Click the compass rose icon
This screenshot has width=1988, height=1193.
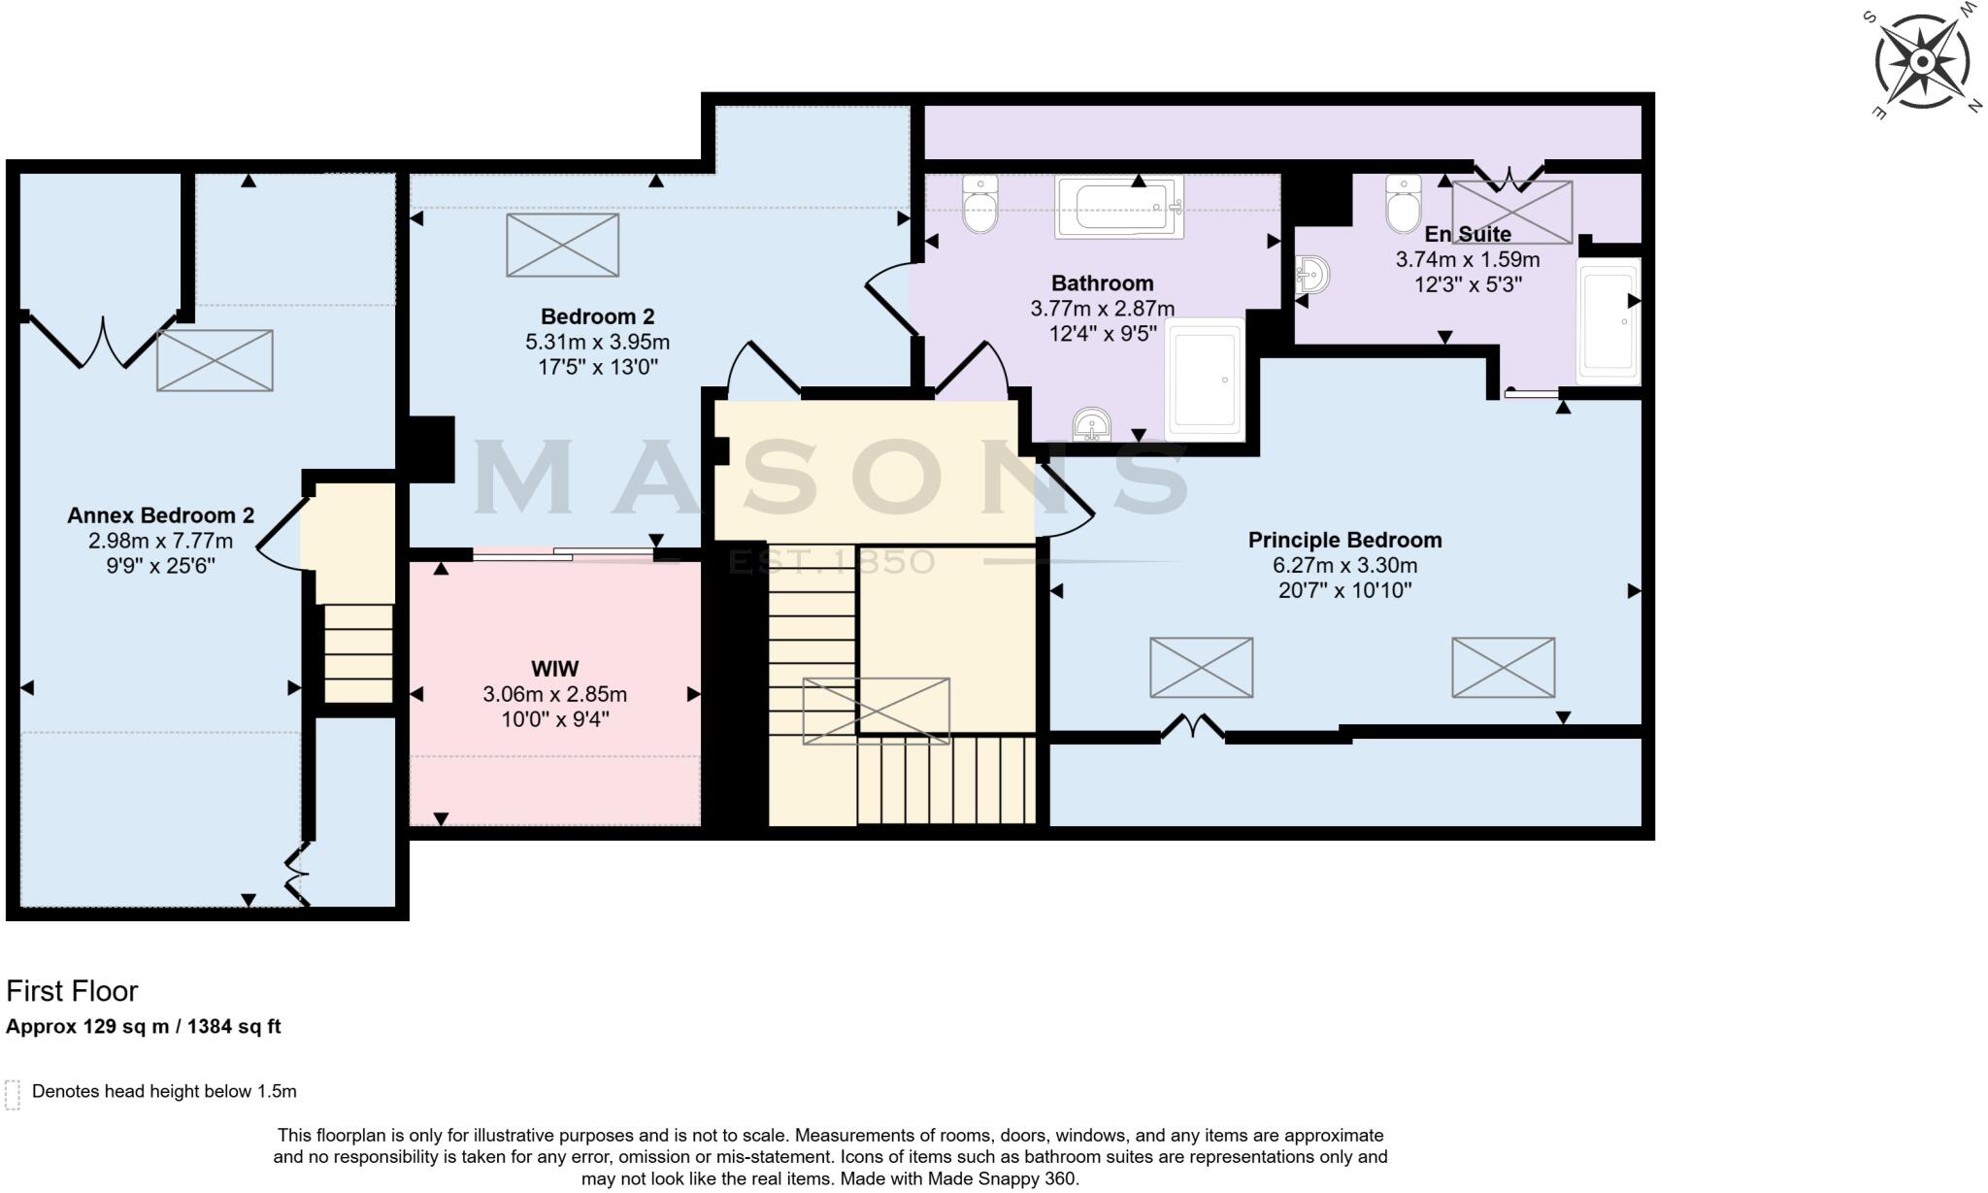click(x=1922, y=62)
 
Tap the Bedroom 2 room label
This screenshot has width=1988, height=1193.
click(x=597, y=316)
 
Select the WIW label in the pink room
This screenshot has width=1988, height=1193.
click(x=554, y=669)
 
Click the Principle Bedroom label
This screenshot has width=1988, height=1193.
click(x=1344, y=540)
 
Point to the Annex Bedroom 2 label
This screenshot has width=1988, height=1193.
click(x=160, y=515)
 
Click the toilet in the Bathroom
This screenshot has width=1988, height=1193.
click(x=980, y=203)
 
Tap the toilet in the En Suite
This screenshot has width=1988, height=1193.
click(x=1403, y=203)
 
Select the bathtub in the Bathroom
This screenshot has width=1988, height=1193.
click(x=1119, y=207)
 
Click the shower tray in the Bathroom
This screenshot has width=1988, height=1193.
click(x=1205, y=380)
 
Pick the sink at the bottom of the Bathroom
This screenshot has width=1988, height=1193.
click(x=1093, y=424)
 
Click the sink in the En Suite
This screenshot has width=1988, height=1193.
click(x=1311, y=276)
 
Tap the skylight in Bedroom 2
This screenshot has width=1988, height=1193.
click(x=562, y=245)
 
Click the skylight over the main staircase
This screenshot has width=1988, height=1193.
click(x=876, y=711)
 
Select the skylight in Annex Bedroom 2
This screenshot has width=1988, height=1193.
click(x=215, y=360)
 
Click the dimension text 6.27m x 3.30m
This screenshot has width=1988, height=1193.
click(x=1344, y=565)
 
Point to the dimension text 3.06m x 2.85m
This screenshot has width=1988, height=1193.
click(x=554, y=694)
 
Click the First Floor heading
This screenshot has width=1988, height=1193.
click(x=72, y=991)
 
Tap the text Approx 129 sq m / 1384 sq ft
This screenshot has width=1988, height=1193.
click(x=144, y=1026)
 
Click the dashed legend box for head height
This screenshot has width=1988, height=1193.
click(x=13, y=1094)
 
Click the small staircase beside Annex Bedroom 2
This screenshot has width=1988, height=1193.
click(x=358, y=652)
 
